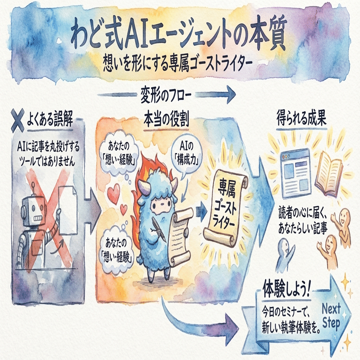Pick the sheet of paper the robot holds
[x=68, y=211]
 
